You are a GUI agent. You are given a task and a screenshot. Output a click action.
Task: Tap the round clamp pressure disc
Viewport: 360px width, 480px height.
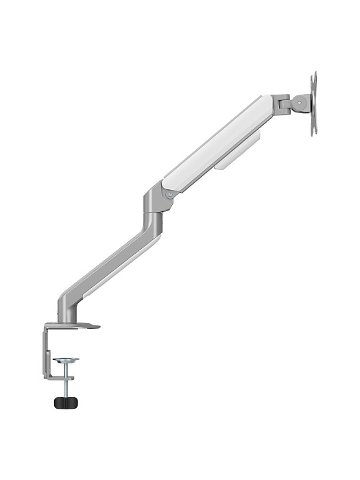(67, 359)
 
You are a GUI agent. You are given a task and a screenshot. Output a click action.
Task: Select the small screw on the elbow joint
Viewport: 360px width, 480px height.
(169, 195)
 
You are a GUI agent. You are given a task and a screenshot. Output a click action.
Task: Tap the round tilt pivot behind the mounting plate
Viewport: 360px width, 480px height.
(300, 104)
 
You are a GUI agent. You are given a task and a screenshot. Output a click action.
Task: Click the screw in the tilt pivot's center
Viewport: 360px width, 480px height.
(299, 104)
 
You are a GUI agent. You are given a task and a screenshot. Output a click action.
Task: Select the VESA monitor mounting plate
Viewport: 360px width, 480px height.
(313, 103)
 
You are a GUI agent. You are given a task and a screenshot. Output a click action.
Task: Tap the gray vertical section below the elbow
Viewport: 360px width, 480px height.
(154, 219)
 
